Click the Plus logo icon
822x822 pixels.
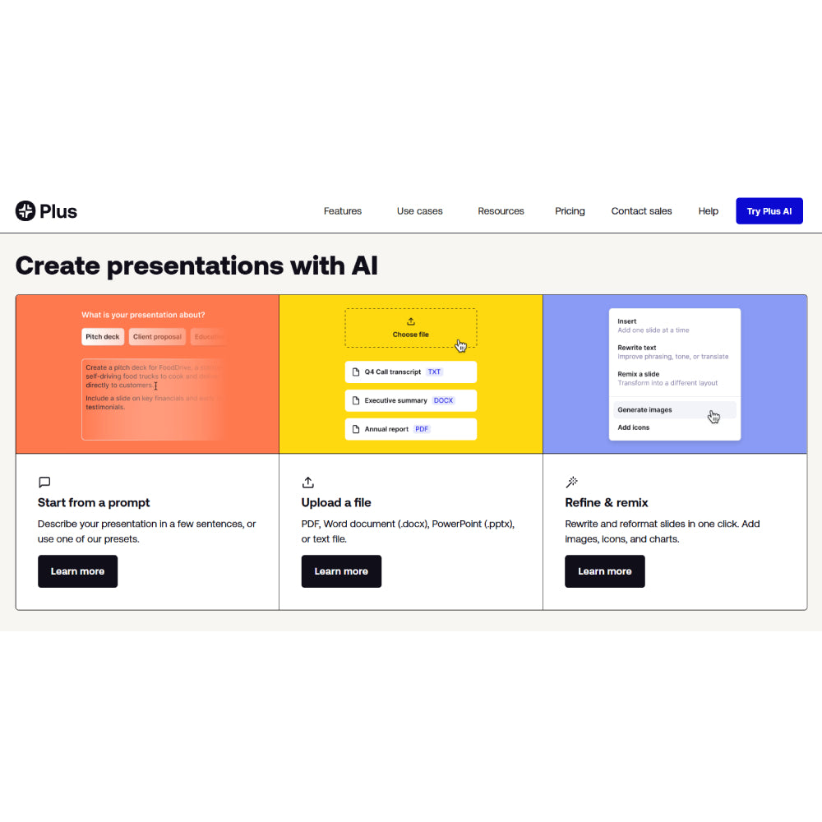[x=25, y=211]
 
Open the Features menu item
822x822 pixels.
[x=343, y=211]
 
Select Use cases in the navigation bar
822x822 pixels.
[x=419, y=211]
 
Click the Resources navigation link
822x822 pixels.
[x=501, y=211]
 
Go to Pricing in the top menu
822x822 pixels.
[x=570, y=211]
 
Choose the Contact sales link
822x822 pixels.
[x=641, y=211]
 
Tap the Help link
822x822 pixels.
[x=709, y=211]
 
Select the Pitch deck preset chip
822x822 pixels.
[x=103, y=337]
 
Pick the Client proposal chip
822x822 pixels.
[x=157, y=337]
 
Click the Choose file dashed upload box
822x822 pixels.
[x=410, y=328]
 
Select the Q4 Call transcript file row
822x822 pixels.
[x=410, y=372]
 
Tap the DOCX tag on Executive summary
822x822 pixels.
[x=443, y=401]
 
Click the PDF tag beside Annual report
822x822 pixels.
[x=421, y=429]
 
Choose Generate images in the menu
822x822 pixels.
[x=644, y=409]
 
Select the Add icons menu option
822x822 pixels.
[x=634, y=427]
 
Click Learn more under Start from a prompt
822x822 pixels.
[x=77, y=571]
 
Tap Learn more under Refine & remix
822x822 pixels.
[x=604, y=571]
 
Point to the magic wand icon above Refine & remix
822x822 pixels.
[x=572, y=483]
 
